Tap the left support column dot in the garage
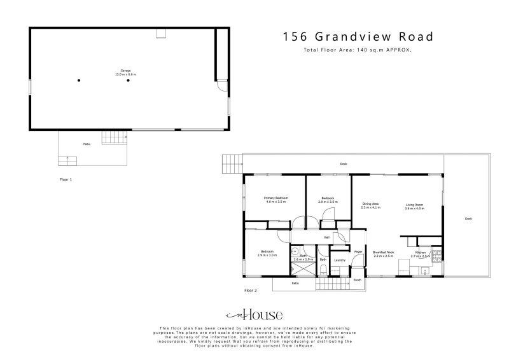(79, 80)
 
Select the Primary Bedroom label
(276, 198)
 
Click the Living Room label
(414, 205)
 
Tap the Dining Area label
(370, 204)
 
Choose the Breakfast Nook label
(384, 252)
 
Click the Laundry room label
(340, 260)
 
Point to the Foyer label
(358, 252)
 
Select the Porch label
(358, 280)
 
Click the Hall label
(326, 237)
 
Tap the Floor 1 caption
(66, 180)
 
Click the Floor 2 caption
(251, 290)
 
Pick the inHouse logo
(254, 315)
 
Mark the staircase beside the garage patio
(111, 136)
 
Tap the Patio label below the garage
(86, 144)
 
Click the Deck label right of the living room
(468, 219)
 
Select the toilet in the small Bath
(323, 270)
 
